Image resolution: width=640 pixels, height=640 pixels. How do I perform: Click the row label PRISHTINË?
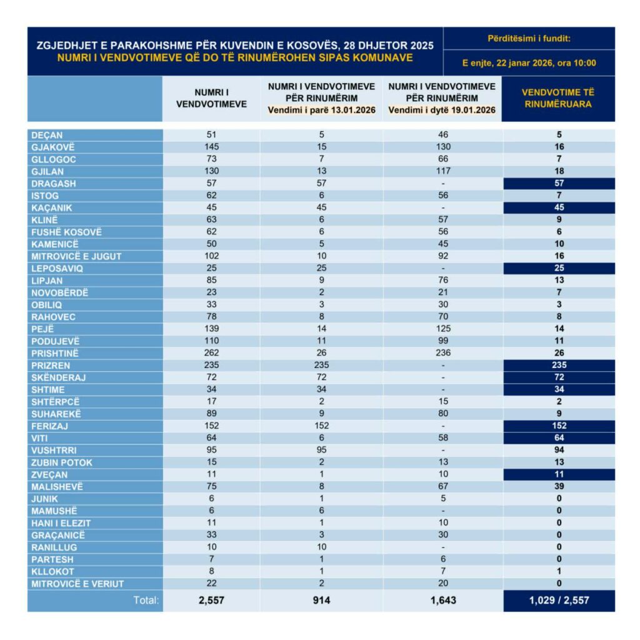pos(54,353)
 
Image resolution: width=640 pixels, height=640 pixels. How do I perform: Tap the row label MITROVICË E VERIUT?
pos(77,584)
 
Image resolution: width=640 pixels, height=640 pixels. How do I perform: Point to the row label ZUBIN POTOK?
pos(61,462)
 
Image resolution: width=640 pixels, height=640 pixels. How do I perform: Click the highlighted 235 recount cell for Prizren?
pos(559,365)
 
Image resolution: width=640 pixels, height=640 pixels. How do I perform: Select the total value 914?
pos(321,601)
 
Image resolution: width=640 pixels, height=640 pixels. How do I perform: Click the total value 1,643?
pos(442,601)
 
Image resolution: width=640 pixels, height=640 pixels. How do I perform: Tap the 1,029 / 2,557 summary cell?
pos(559,601)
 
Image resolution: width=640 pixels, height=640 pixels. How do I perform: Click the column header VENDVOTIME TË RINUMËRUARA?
pos(559,98)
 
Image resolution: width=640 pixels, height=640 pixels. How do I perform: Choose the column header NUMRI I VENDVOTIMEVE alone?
pos(211,98)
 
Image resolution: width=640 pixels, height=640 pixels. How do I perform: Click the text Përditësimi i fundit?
pos(529,39)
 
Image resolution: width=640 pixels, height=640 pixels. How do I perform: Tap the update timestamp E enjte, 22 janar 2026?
pos(529,62)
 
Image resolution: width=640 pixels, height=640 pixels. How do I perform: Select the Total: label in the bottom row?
pos(146,601)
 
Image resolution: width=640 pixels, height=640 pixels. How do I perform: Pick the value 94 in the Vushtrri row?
pos(559,450)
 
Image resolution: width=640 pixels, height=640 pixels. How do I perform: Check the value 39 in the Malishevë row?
pos(559,486)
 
